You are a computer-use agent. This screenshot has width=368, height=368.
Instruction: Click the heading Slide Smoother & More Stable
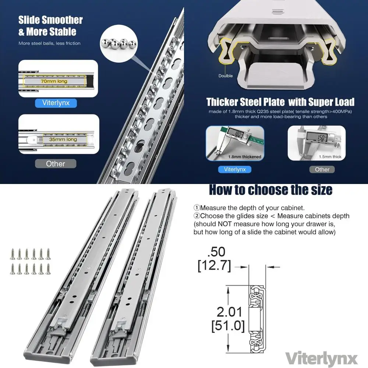[x=50, y=26]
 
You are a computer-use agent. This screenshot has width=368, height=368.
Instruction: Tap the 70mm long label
[x=54, y=81]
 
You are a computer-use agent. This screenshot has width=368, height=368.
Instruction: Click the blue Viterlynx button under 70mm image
[x=56, y=103]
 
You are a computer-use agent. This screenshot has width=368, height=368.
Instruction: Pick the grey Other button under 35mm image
[x=56, y=164]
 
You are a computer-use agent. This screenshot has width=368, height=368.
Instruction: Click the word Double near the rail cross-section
[x=226, y=76]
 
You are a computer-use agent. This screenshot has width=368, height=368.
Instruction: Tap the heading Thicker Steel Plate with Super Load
[x=280, y=102]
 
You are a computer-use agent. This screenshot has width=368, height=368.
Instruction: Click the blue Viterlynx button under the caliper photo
[x=234, y=169]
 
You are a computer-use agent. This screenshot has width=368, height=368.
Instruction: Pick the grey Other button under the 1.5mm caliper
[x=322, y=169]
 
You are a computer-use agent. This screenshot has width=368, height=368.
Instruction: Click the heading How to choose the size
[x=270, y=190]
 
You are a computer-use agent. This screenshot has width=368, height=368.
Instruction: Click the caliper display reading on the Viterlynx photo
[x=236, y=133]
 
